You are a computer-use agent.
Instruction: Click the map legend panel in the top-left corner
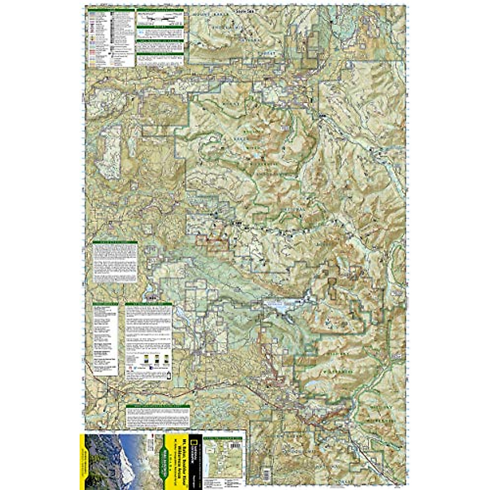110,38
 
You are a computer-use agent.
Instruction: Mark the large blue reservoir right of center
282,306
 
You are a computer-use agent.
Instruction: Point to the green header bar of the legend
110,9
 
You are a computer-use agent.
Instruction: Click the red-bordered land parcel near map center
212,241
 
